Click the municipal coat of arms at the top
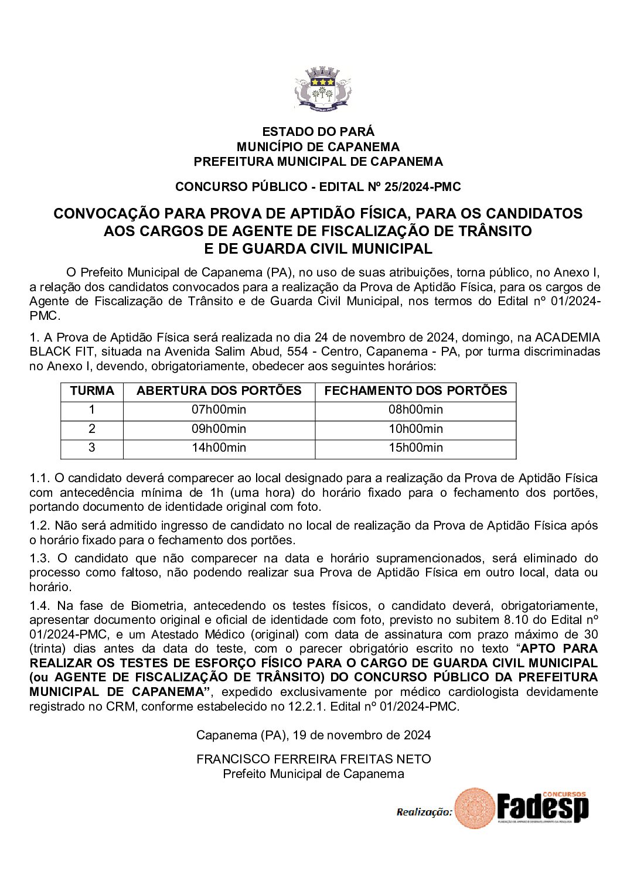click(x=322, y=88)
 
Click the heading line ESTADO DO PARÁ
click(x=318, y=132)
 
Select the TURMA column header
click(x=92, y=391)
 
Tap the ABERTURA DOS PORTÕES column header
click(x=219, y=391)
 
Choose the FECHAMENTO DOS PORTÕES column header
click(x=415, y=391)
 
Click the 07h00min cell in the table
click(x=219, y=410)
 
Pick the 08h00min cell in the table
click(x=415, y=410)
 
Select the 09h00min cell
click(x=219, y=429)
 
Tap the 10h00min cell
click(x=415, y=429)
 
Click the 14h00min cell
click(x=219, y=448)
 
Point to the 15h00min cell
click(x=415, y=448)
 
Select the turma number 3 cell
click(x=92, y=448)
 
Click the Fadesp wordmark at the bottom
click(x=542, y=808)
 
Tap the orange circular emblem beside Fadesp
click(x=475, y=808)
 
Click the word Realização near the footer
click(x=424, y=812)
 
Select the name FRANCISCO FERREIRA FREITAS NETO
click(x=314, y=759)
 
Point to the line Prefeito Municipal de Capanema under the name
click(x=314, y=774)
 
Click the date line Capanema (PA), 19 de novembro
click(x=314, y=735)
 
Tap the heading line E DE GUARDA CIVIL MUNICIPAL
click(x=318, y=249)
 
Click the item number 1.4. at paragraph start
click(x=40, y=606)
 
